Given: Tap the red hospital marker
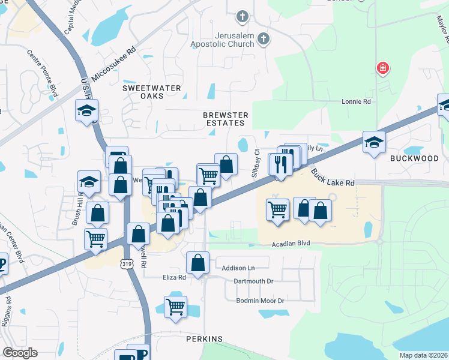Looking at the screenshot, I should pyautogui.click(x=382, y=68).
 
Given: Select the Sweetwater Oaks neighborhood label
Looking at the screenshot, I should pyautogui.click(x=152, y=92).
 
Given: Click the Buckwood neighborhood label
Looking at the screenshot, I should pyautogui.click(x=414, y=158).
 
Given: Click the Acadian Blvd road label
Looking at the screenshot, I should pyautogui.click(x=291, y=243).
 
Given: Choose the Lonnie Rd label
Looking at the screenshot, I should pyautogui.click(x=356, y=102).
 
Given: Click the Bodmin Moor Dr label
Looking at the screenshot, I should pyautogui.click(x=260, y=300).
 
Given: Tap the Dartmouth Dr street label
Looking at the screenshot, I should pyautogui.click(x=253, y=281).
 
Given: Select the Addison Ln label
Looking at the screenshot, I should pyautogui.click(x=238, y=268).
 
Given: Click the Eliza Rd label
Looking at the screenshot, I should pyautogui.click(x=174, y=277).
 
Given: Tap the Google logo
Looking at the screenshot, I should pyautogui.click(x=20, y=352).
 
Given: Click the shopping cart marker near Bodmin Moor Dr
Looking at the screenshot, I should pyautogui.click(x=175, y=306).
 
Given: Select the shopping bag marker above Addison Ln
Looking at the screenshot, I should pyautogui.click(x=197, y=262).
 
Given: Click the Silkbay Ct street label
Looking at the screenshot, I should pyautogui.click(x=255, y=162).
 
